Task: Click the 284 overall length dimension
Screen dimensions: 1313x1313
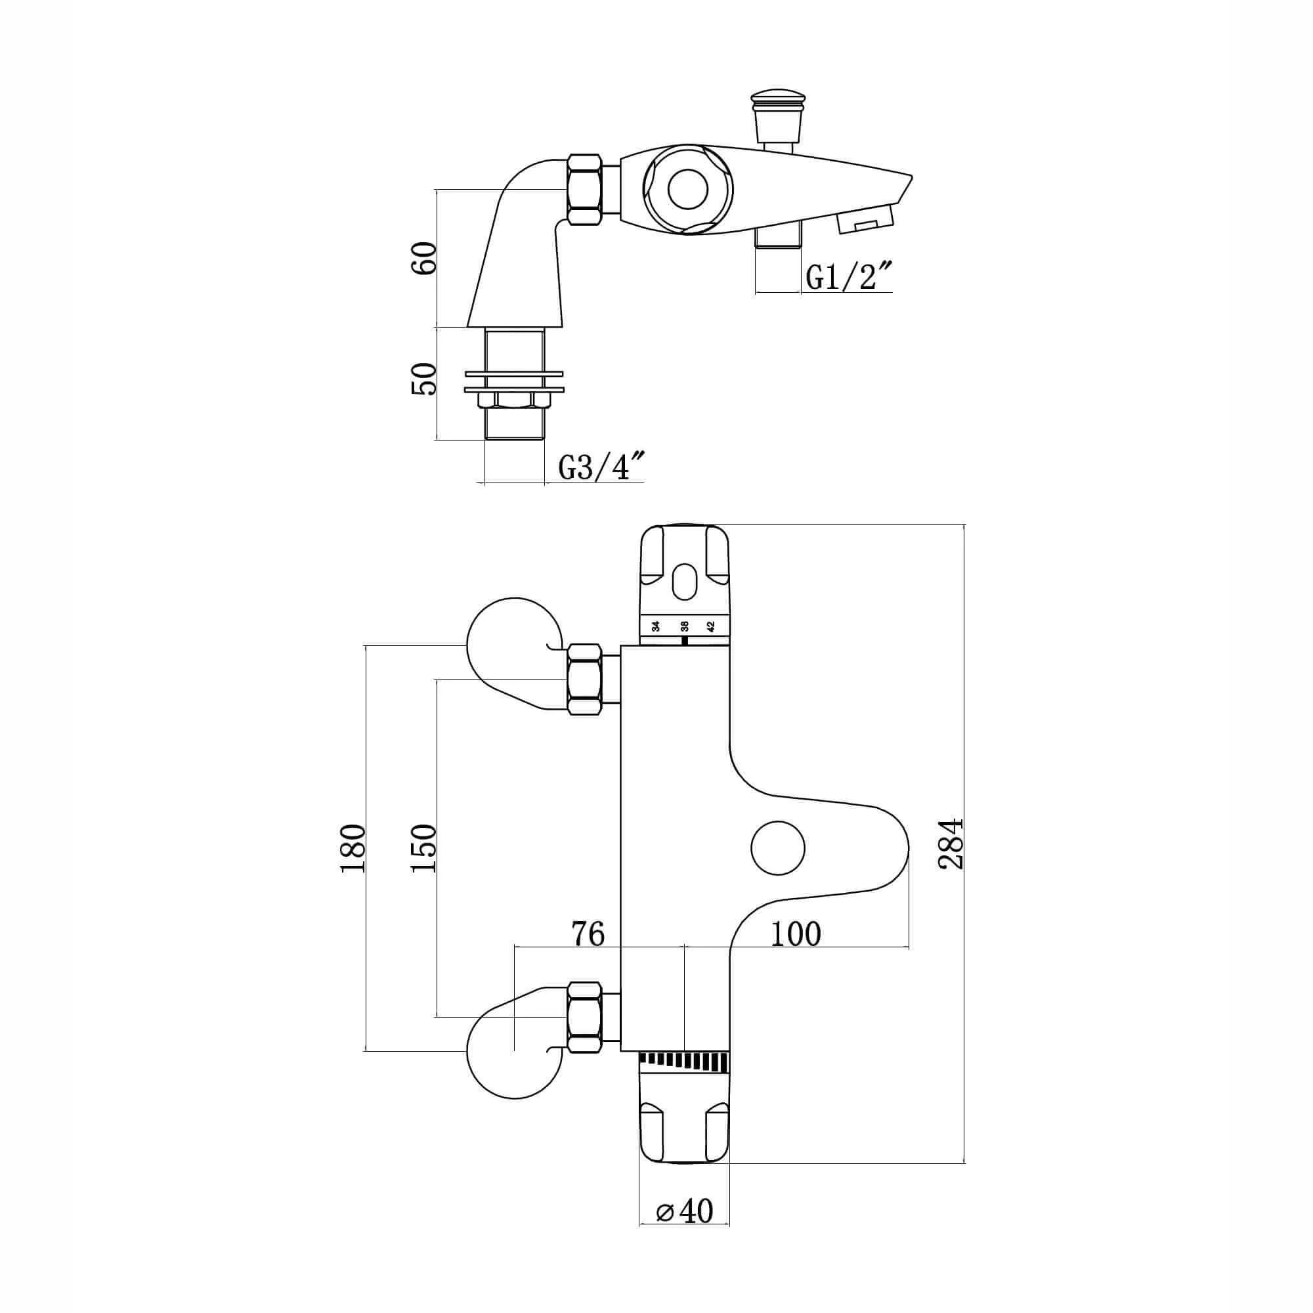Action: [x=951, y=844]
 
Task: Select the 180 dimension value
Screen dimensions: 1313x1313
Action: [x=354, y=849]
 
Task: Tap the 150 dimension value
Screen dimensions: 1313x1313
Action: [x=423, y=849]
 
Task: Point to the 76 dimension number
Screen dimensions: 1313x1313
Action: [x=588, y=934]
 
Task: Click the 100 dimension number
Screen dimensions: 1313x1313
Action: [x=796, y=934]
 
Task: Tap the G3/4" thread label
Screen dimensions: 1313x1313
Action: [x=601, y=468]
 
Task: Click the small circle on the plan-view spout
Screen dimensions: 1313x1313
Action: [x=777, y=848]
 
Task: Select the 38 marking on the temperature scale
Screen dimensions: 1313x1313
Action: [x=684, y=626]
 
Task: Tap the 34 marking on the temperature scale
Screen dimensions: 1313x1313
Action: [x=656, y=626]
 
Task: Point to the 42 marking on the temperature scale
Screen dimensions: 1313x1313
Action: [x=712, y=626]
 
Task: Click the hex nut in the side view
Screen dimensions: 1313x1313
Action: [x=584, y=189]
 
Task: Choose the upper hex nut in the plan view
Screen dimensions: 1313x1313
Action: [x=585, y=679]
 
